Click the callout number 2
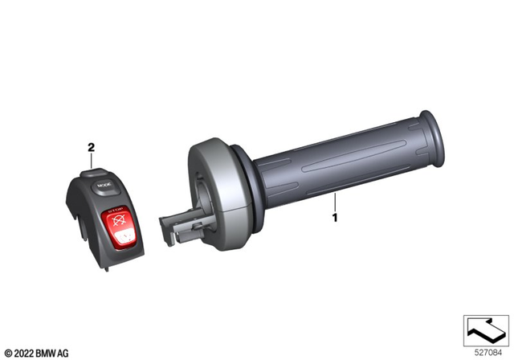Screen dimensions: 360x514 point(91,148)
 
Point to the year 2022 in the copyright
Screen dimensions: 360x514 point(22,351)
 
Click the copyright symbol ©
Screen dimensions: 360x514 point(6,351)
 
